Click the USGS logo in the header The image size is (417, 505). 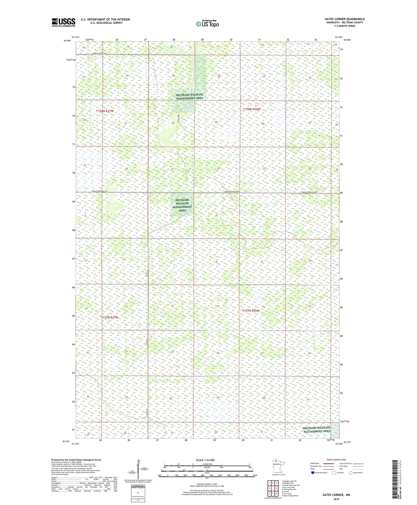[x=63, y=22]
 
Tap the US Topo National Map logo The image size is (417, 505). [x=207, y=24]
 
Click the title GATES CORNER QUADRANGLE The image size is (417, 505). [x=345, y=19]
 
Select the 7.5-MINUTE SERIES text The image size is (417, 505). [x=345, y=26]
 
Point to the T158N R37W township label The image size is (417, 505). [x=105, y=111]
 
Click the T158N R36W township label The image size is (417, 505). [x=252, y=109]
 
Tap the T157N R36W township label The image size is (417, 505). [x=250, y=311]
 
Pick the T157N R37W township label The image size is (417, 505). [x=109, y=318]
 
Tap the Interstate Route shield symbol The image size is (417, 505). [x=313, y=472]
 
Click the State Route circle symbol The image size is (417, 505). [x=351, y=472]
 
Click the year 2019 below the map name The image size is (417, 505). [x=336, y=499]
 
